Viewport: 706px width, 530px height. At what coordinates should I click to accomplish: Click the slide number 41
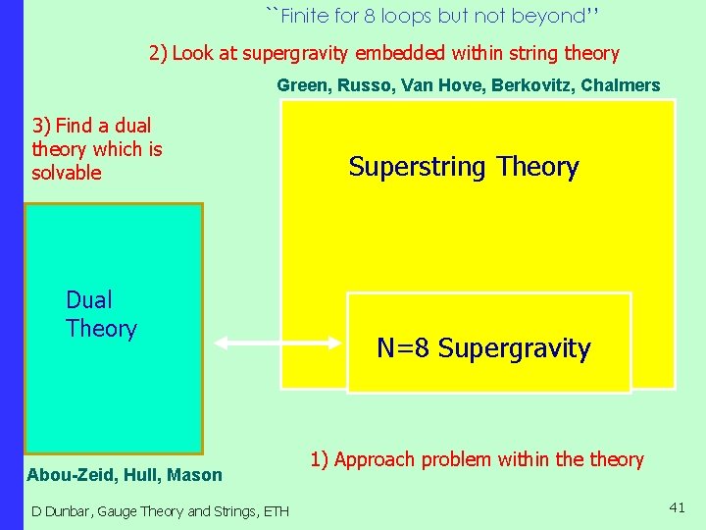pos(677,506)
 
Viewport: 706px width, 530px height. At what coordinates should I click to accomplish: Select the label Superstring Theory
pos(464,167)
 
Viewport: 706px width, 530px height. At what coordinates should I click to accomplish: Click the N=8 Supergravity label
pos(483,348)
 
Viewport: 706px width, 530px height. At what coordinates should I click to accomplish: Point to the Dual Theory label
pos(101,314)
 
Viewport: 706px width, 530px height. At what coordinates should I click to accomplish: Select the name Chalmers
pos(621,85)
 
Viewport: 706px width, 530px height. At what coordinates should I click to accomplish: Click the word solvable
pos(67,173)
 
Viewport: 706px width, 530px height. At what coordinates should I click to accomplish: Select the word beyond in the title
pos(553,17)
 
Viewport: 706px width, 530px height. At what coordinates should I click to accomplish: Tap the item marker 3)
pos(41,126)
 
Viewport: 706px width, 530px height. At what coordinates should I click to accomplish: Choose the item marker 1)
pos(320,458)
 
